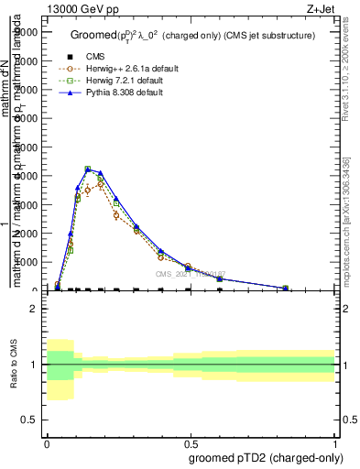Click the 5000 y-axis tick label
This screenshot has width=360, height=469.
(x=26, y=147)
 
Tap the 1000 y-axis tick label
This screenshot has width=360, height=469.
(x=26, y=262)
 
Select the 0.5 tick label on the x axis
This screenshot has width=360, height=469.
(x=191, y=442)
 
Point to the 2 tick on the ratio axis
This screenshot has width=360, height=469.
(x=33, y=309)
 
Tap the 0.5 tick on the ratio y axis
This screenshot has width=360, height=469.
(x=29, y=419)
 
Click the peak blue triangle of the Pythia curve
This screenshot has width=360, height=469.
(x=88, y=169)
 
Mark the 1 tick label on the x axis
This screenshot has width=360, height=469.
(x=334, y=442)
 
